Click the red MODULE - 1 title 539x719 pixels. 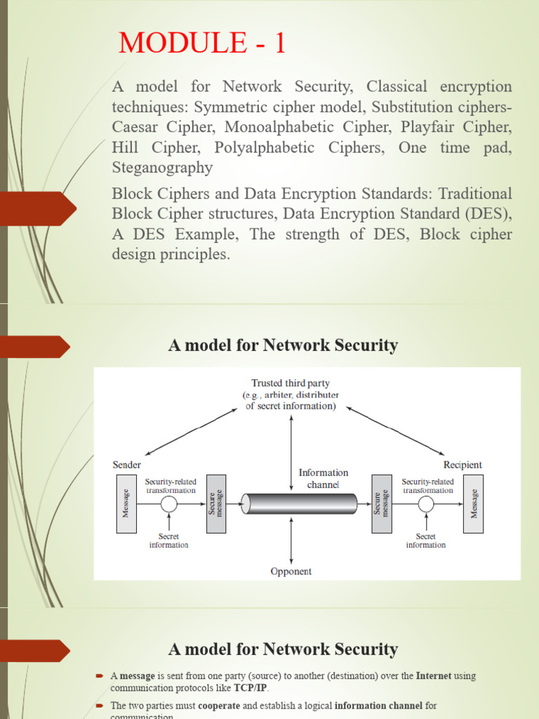click(203, 44)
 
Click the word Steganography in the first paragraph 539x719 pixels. click(162, 168)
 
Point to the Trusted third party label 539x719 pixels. click(291, 383)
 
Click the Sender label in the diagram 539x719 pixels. click(127, 465)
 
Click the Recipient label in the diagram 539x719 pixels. click(463, 465)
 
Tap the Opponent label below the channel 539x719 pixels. click(291, 571)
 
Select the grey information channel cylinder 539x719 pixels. click(300, 503)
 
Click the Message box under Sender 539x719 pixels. click(126, 503)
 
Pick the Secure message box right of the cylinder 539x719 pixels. click(381, 503)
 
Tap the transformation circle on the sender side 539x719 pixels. click(168, 504)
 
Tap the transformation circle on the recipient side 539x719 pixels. click(426, 504)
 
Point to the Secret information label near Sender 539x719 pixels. click(168, 541)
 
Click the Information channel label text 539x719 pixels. click(323, 478)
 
